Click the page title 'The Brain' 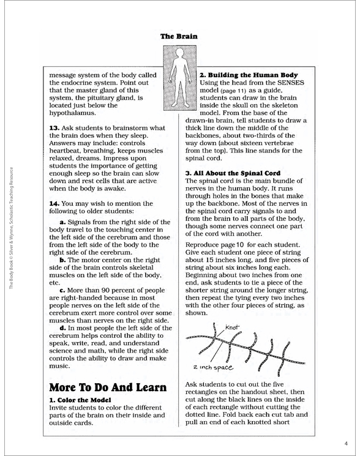[x=179, y=36]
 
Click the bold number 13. [x=54, y=127]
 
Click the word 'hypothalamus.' [x=76, y=113]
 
